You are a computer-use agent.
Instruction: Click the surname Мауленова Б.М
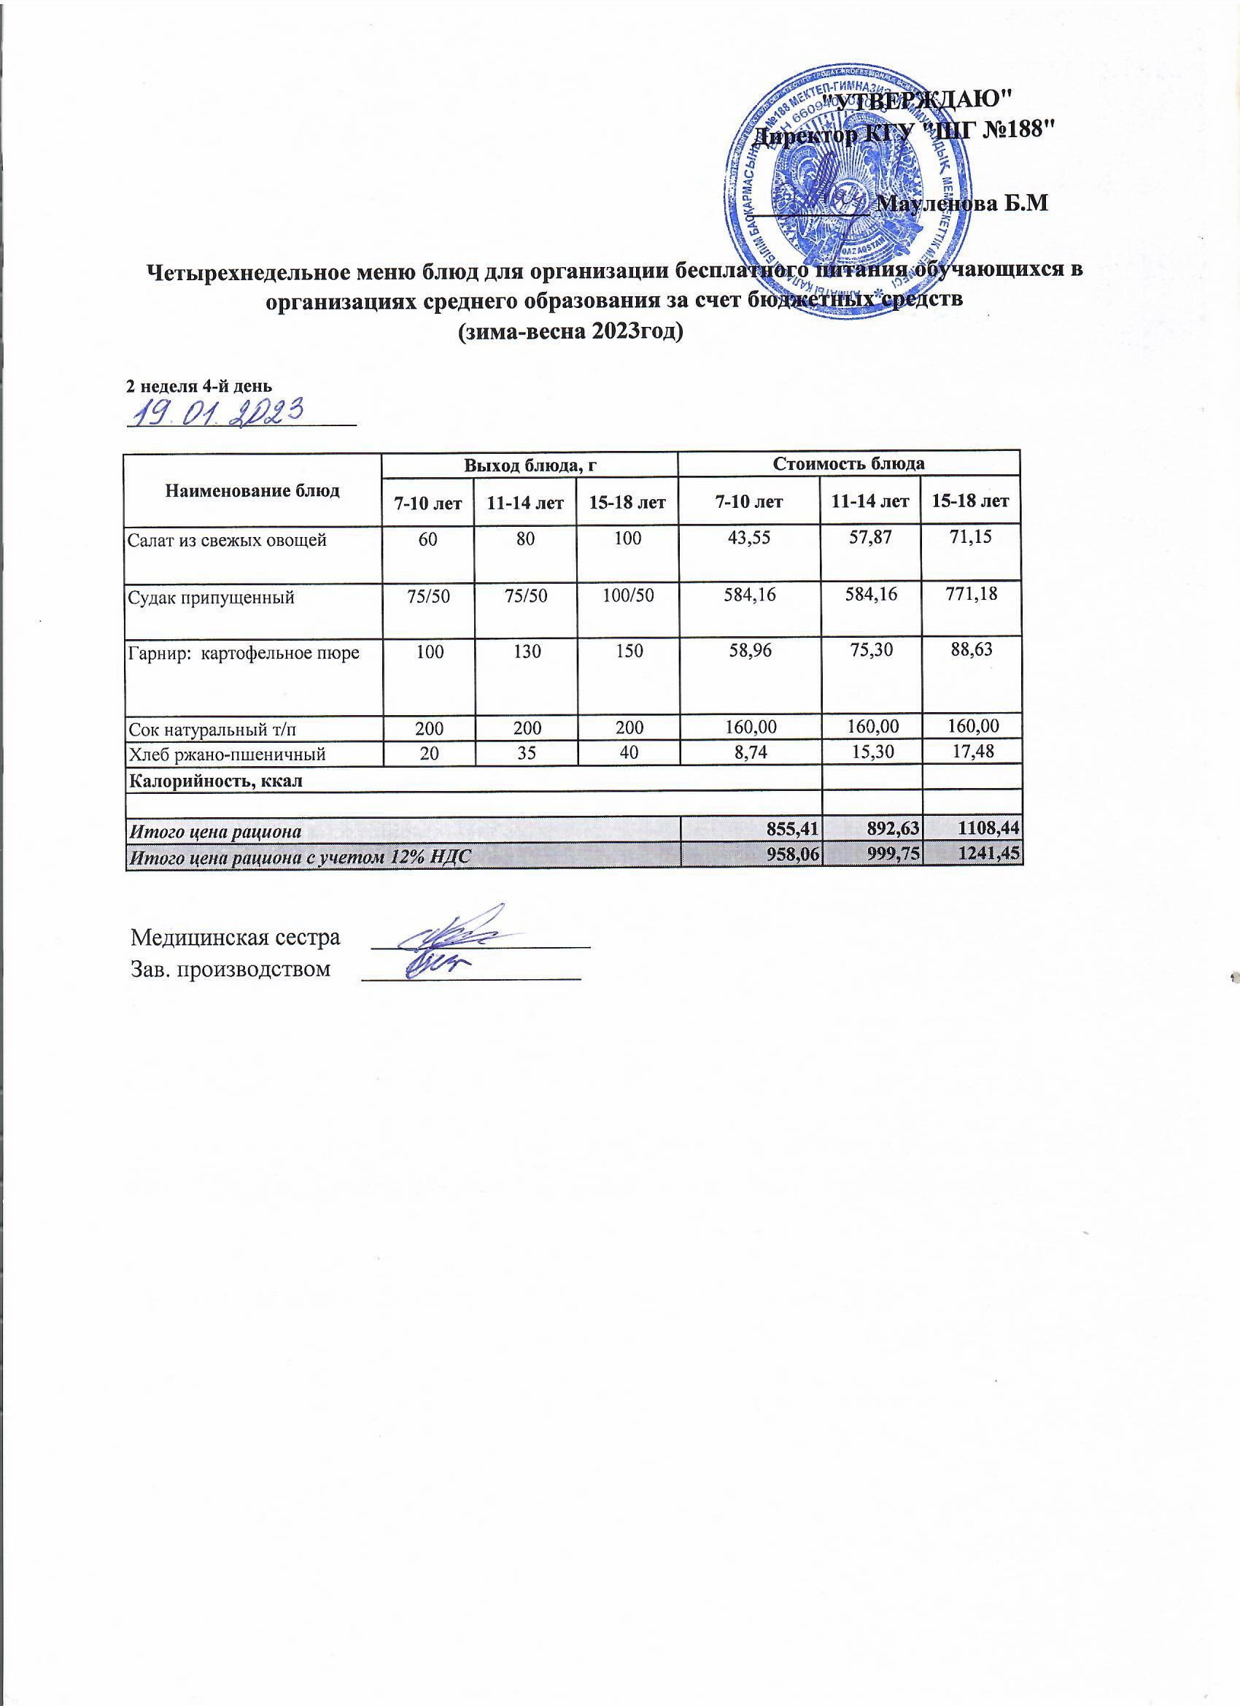pos(963,204)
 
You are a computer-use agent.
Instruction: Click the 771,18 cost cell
pos(971,594)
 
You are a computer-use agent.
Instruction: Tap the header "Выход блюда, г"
pos(530,465)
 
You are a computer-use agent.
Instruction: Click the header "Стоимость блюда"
pos(848,463)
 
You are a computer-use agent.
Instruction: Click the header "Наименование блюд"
pos(252,491)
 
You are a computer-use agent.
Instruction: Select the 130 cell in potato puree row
pos(524,651)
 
